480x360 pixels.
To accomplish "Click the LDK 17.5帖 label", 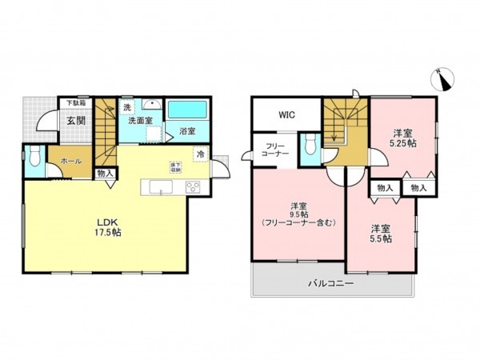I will point(109,226).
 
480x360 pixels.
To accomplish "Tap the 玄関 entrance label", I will point(76,121).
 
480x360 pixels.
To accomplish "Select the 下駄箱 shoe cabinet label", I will point(75,102).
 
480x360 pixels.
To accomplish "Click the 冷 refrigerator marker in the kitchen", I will point(199,154).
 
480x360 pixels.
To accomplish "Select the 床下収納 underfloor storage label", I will point(174,167).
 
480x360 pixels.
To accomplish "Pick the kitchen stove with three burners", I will point(193,188).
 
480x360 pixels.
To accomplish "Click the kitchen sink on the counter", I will point(158,188).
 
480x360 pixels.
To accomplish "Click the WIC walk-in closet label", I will point(286,114).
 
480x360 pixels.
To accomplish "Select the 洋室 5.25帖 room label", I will point(402,138).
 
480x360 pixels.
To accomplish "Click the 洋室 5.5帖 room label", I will point(381,233).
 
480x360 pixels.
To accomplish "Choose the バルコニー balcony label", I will point(332,283).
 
